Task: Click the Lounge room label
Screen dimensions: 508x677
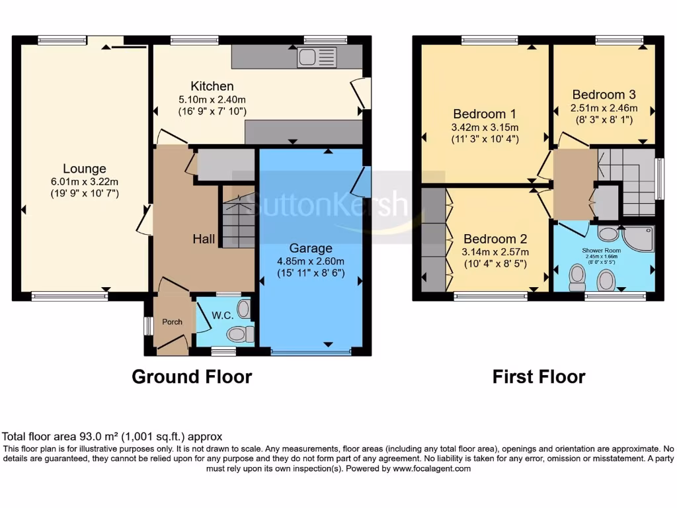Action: click(84, 169)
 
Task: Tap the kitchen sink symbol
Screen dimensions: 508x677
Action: click(317, 57)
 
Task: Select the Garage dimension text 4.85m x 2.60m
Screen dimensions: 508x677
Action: click(311, 261)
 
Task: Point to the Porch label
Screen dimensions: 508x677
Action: click(172, 322)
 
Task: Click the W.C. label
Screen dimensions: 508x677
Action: click(221, 316)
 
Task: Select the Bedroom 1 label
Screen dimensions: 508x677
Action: click(484, 114)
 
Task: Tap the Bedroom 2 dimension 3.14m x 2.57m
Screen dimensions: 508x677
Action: click(495, 252)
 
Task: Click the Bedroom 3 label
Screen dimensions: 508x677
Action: click(604, 95)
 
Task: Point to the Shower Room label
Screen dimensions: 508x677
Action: click(602, 251)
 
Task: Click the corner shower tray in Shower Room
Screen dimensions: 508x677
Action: click(639, 239)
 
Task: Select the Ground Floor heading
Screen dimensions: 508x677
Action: click(192, 377)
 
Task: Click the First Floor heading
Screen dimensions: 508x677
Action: click(539, 377)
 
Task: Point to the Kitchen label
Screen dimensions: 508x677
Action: click(212, 86)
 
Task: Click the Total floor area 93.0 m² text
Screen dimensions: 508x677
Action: click(112, 437)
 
